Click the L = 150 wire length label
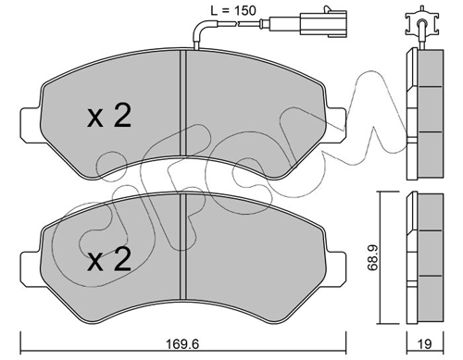tap(233, 11)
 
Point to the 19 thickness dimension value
tap(425, 344)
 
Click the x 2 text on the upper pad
tap(109, 116)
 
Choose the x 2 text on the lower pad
tap(109, 260)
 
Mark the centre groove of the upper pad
tap(183, 104)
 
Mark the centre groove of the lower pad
tap(183, 247)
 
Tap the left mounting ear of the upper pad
tap(31, 125)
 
